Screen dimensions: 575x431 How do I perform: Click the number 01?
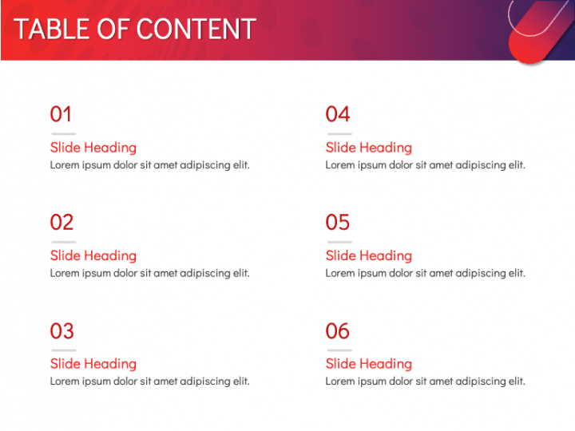click(61, 114)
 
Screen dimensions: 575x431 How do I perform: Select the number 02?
click(61, 223)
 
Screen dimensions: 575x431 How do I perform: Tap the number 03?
click(62, 331)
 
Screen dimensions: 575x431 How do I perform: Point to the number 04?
click(338, 114)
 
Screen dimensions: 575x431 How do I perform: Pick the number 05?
click(337, 223)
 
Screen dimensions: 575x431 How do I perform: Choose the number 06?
click(337, 331)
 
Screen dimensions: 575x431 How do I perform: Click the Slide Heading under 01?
click(93, 148)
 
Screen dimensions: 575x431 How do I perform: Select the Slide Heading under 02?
click(93, 256)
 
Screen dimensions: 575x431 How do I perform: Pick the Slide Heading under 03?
click(93, 364)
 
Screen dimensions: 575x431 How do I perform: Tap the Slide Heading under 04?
click(369, 148)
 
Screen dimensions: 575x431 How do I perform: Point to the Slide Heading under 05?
click(369, 256)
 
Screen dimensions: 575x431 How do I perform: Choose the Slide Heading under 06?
click(369, 364)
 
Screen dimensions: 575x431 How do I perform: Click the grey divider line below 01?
click(64, 134)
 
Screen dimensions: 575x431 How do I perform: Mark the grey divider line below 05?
click(339, 242)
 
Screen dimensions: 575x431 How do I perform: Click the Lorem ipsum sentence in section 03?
click(149, 382)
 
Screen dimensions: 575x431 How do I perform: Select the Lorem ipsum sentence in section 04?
click(426, 165)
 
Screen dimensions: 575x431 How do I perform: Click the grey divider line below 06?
click(339, 350)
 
